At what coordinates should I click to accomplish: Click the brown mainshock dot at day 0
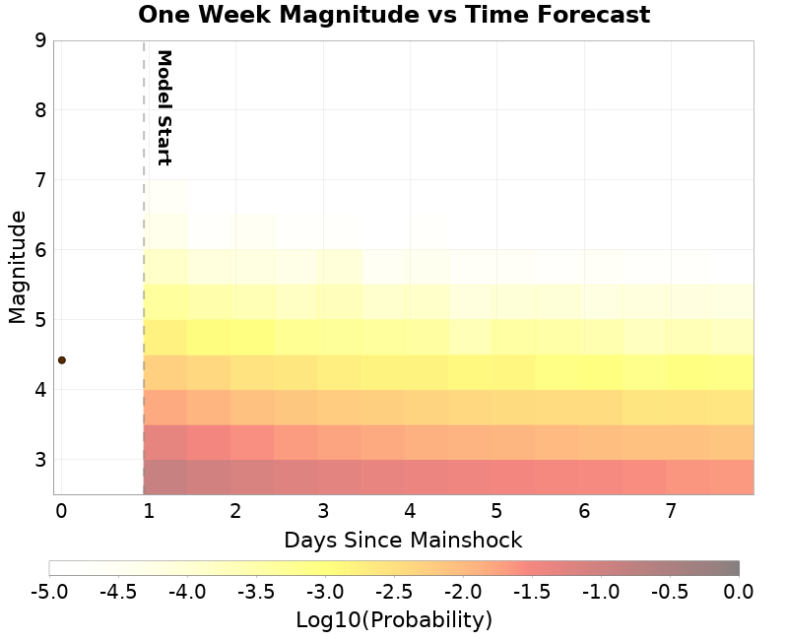tap(61, 360)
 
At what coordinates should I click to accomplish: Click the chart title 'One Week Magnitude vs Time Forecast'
tap(394, 15)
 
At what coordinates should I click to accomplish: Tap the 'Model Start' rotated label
tap(164, 107)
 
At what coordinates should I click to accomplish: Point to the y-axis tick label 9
tap(40, 40)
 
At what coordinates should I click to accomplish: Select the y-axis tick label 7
tap(40, 180)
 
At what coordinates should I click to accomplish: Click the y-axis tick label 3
tap(40, 460)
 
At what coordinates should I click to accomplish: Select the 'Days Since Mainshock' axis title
tap(403, 541)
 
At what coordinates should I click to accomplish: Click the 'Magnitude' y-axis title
tap(17, 273)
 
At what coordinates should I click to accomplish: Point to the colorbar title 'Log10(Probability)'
tap(394, 620)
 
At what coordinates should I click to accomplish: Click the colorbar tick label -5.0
tap(49, 591)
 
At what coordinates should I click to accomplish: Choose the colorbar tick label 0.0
tap(739, 591)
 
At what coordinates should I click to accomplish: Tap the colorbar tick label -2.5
tap(394, 591)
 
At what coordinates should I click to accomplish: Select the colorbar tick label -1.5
tap(532, 591)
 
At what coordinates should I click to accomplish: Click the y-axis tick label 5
tap(40, 320)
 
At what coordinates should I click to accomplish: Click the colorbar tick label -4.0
tap(187, 591)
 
